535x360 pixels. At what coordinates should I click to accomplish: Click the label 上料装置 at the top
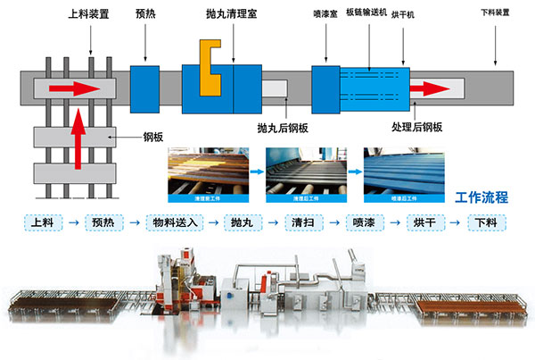pyautogui.click(x=88, y=15)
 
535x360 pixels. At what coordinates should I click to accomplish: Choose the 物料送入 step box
pyautogui.click(x=172, y=222)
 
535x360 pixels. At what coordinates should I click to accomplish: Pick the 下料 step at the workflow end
pyautogui.click(x=485, y=222)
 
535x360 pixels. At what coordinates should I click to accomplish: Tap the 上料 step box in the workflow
pyautogui.click(x=41, y=222)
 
